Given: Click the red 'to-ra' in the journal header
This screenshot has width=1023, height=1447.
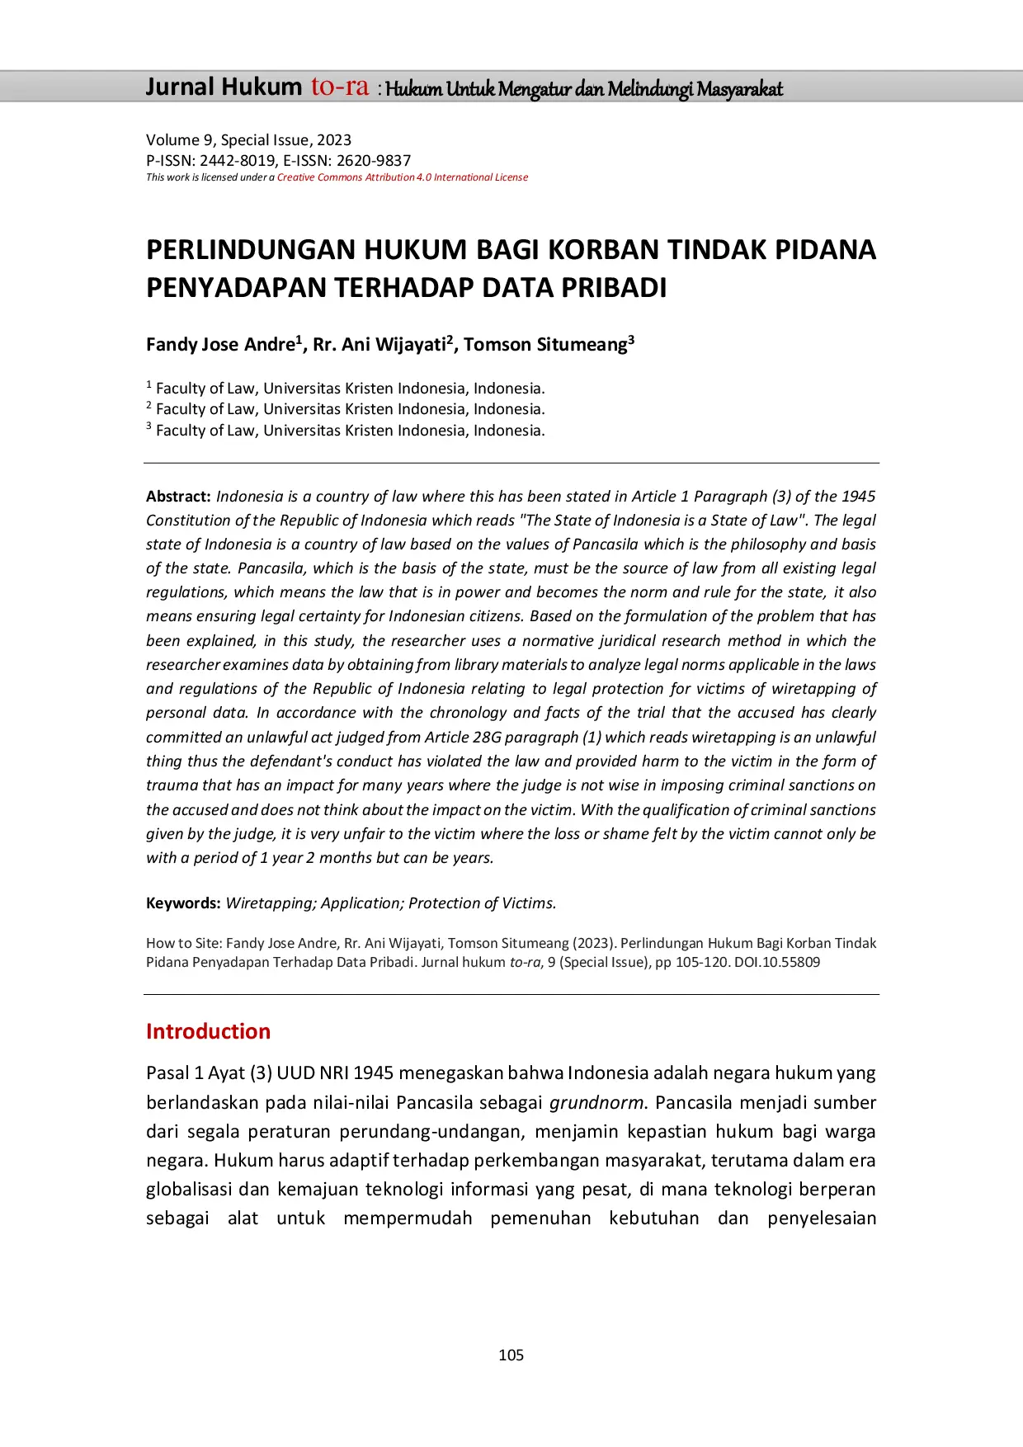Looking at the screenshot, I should [x=339, y=87].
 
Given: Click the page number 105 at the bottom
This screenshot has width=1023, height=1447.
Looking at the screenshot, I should [x=511, y=1355].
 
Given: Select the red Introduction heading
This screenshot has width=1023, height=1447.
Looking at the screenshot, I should [x=208, y=1031].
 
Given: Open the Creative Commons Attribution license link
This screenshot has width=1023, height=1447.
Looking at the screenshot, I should [x=402, y=177].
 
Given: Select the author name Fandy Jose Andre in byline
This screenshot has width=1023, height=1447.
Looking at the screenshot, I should [x=219, y=345].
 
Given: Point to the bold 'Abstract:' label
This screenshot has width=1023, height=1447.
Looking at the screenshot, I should [x=178, y=497].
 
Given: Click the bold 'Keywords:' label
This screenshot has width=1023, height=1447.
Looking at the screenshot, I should [x=183, y=903].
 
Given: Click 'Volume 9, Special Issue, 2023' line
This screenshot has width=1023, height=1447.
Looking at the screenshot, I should [x=248, y=140].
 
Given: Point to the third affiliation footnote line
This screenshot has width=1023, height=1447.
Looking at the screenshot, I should [x=346, y=431].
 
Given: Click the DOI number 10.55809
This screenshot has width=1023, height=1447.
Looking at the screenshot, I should [x=790, y=963].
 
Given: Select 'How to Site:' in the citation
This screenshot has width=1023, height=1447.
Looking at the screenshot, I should [x=183, y=944].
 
